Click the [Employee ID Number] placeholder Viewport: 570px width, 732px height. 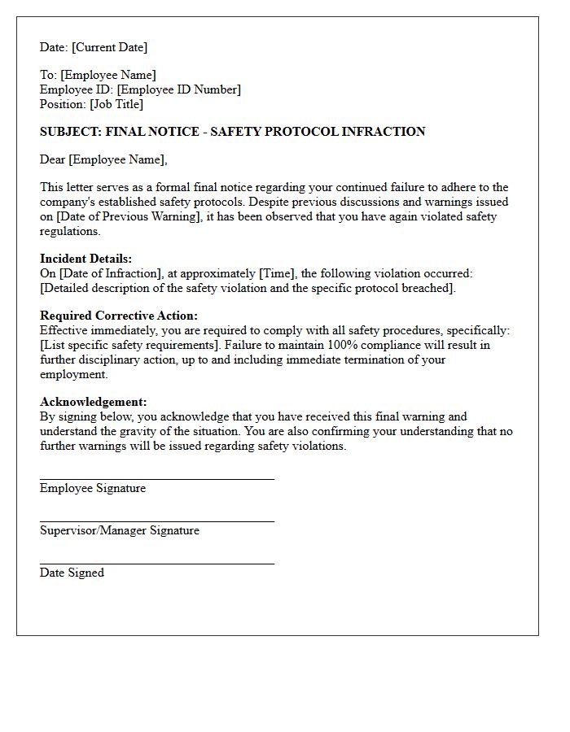pos(179,89)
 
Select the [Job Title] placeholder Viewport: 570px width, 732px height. pos(117,104)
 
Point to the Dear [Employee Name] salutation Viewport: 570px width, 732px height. pos(103,159)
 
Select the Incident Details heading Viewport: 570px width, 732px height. pos(85,259)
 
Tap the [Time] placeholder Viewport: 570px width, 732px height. pos(275,273)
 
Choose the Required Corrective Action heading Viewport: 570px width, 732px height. pos(119,316)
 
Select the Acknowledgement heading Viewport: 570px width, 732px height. pos(94,402)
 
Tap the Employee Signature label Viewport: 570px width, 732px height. pos(93,488)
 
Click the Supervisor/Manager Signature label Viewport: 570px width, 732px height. pos(120,530)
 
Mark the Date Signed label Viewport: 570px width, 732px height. pos(72,573)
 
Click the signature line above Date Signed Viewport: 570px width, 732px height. pos(156,563)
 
